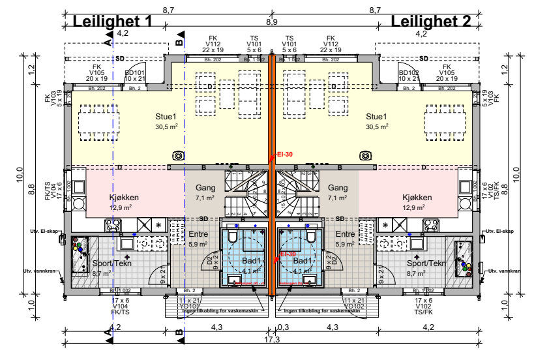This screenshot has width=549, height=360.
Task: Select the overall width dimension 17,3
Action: tap(273, 340)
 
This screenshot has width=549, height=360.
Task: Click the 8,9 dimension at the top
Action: tap(273, 22)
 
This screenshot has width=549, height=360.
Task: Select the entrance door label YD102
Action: tap(355, 305)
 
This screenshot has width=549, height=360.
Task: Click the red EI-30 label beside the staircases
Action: tap(282, 154)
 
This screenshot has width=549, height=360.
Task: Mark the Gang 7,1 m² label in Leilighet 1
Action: tap(205, 192)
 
